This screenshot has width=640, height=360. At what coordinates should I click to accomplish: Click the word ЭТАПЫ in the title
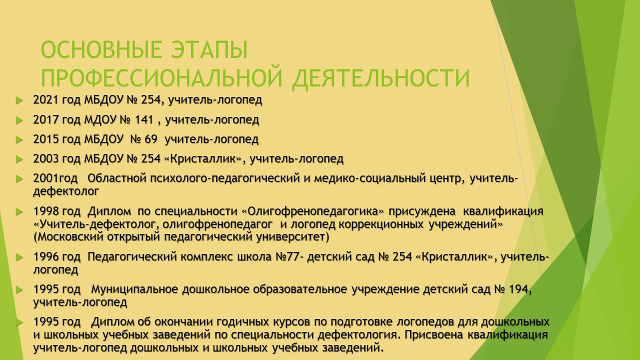[x=209, y=49]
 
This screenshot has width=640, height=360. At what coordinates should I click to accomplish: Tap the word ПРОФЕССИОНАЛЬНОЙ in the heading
[x=161, y=77]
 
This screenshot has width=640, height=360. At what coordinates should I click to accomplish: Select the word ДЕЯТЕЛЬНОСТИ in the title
[x=381, y=78]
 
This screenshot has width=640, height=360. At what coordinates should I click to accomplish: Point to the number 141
[x=144, y=119]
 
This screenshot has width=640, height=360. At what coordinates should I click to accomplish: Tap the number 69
[x=151, y=139]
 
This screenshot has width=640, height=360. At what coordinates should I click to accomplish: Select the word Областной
[x=117, y=178]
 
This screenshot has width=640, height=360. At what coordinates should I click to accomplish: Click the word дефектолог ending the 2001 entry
[x=66, y=191]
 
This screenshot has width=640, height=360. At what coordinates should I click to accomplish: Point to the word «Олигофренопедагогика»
[x=313, y=211]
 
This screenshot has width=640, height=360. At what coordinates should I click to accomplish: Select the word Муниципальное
[x=134, y=289]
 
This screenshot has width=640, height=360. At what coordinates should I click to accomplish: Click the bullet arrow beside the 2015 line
[x=19, y=139]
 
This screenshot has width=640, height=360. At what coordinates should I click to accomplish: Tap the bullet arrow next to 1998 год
[x=19, y=212]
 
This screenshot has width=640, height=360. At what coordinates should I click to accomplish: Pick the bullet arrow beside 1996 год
[x=19, y=257]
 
